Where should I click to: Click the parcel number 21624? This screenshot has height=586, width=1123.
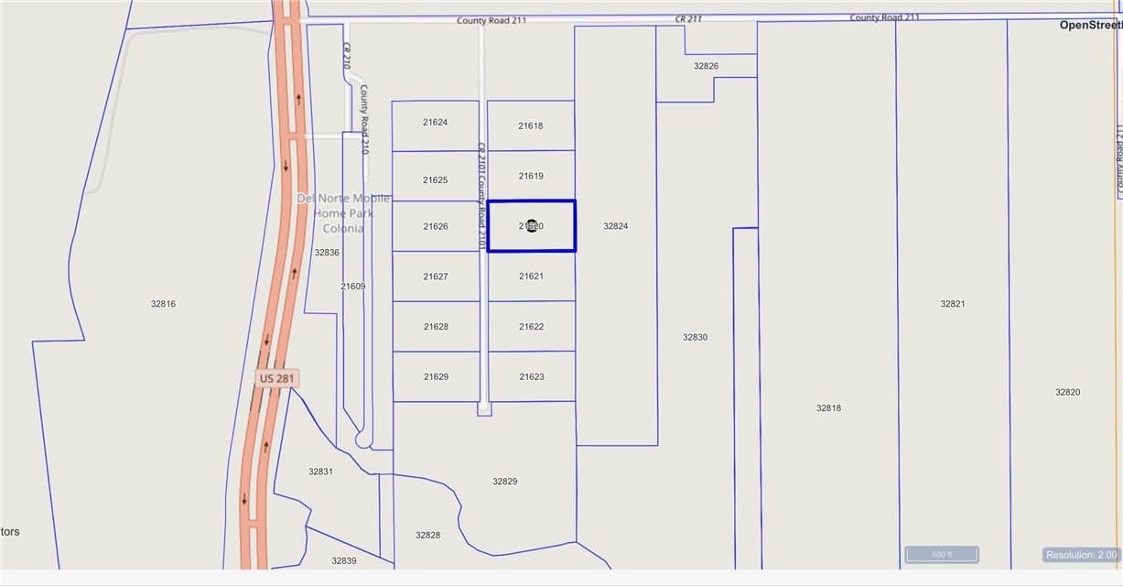coord(436,122)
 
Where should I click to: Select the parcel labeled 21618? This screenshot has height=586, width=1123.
coord(531,126)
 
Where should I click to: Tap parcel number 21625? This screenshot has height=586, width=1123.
coord(436,180)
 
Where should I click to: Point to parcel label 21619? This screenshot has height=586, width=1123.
coord(531,176)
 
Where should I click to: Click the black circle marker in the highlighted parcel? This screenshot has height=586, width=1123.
coord(532,225)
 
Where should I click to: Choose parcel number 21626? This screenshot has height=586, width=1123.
coord(436,226)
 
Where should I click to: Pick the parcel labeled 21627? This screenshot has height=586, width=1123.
coord(436,277)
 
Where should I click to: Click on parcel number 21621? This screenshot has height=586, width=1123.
coord(531,277)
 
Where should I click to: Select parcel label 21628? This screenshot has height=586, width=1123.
coord(436,327)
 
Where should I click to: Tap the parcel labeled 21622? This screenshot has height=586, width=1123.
coord(531,327)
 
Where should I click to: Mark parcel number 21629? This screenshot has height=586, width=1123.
coord(436,377)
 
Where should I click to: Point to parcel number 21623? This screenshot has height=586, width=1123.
coord(531,377)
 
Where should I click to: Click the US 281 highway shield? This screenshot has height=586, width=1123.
coord(277,378)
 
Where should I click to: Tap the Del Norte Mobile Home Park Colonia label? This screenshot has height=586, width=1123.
coord(343,213)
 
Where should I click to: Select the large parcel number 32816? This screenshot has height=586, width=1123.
coord(163,304)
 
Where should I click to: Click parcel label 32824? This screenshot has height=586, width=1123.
coord(616,226)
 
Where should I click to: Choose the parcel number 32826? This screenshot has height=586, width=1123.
coord(706,66)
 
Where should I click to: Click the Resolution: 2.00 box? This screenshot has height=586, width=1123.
coord(1081,555)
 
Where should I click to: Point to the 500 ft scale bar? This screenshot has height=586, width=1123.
coord(942,555)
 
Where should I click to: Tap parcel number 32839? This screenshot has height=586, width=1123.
coord(344,560)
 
